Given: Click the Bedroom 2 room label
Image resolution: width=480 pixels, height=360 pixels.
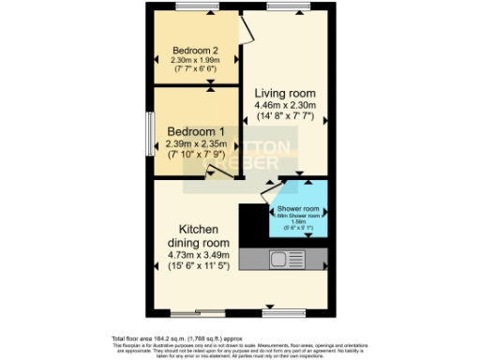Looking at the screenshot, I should pyautogui.click(x=195, y=51).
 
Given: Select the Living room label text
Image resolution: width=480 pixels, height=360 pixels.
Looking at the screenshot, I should pyautogui.click(x=285, y=94).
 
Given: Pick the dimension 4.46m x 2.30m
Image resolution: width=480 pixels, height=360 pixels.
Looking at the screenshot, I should pyautogui.click(x=285, y=106).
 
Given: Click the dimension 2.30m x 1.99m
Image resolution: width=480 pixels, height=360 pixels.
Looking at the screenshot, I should pyautogui.click(x=195, y=61).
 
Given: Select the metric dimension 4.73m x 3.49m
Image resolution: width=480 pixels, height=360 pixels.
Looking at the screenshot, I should pyautogui.click(x=200, y=256).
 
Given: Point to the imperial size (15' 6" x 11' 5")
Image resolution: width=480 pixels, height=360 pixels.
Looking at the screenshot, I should pyautogui.click(x=200, y=268).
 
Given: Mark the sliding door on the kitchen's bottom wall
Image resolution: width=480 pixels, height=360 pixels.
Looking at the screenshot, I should pyautogui.click(x=197, y=312).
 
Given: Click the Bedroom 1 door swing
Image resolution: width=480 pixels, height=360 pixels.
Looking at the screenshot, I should pyautogui.click(x=217, y=172).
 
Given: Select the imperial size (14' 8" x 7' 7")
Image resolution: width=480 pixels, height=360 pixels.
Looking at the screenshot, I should pyautogui.click(x=285, y=118).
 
